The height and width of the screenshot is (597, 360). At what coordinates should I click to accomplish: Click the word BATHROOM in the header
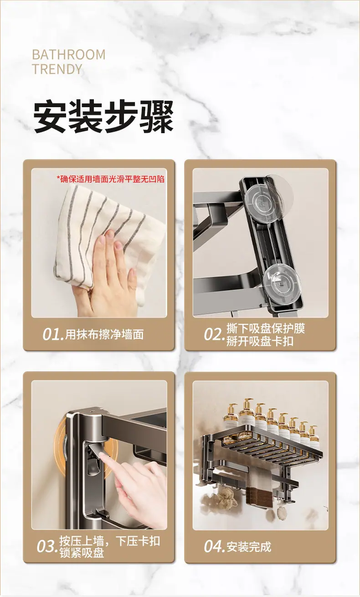[69, 55]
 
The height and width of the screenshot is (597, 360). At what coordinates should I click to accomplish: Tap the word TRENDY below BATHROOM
[57, 69]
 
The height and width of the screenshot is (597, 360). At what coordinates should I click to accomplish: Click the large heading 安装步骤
[103, 116]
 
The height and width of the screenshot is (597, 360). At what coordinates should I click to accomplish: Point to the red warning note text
[110, 179]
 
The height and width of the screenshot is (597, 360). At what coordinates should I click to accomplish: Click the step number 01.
[53, 334]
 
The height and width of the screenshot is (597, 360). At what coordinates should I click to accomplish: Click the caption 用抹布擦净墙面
[104, 334]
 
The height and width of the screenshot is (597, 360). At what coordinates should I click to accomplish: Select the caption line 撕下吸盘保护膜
[266, 328]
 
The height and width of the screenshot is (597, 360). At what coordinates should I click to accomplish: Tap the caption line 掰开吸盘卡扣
[260, 341]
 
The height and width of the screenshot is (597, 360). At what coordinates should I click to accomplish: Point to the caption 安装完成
[249, 547]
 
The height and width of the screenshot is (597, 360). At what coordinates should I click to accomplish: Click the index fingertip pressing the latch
[103, 458]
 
